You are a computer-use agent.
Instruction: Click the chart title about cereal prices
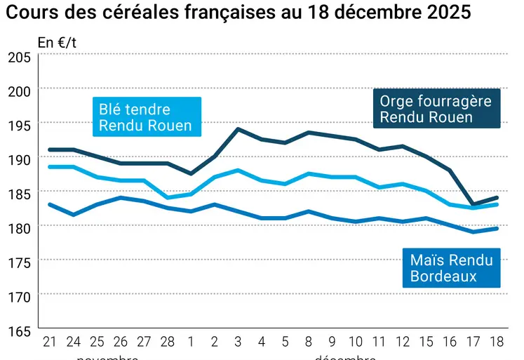click(x=239, y=13)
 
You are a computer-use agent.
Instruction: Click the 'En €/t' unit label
click(x=57, y=42)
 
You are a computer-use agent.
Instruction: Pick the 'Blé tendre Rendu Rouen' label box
click(x=146, y=116)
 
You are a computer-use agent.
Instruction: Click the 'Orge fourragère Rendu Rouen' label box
click(x=436, y=109)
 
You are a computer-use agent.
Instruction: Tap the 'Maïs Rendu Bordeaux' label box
click(x=451, y=268)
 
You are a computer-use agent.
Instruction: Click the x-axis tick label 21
click(x=49, y=342)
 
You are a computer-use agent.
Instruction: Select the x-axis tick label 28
click(x=167, y=342)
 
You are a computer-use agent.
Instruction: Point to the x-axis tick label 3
click(x=238, y=342)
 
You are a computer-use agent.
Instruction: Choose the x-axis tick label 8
click(x=309, y=342)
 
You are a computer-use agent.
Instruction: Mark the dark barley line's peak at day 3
click(x=238, y=129)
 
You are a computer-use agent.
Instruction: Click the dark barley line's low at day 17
click(x=474, y=204)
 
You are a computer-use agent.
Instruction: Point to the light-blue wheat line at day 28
click(x=167, y=197)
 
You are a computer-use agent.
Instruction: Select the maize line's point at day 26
click(x=120, y=197)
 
